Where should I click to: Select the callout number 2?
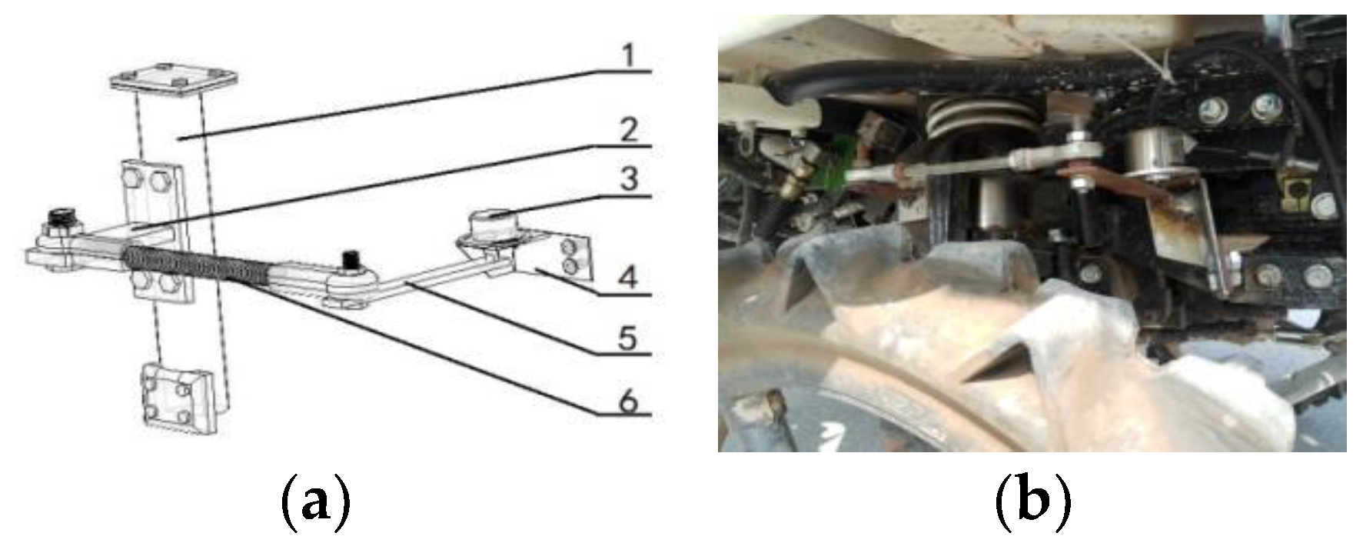[629, 130]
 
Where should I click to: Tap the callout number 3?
[629, 180]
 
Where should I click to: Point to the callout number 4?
[629, 277]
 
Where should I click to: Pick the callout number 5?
[629, 337]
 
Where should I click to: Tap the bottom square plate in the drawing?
[178, 401]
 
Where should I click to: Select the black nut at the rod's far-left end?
[58, 220]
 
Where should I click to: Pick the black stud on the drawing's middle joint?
[351, 260]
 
